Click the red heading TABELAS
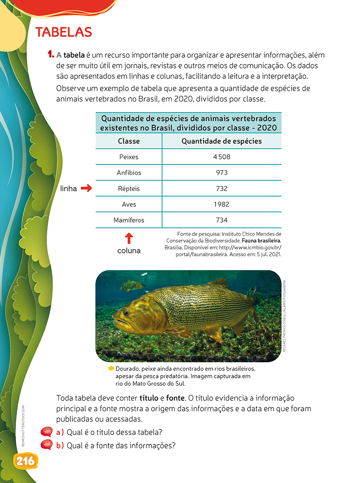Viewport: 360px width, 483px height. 64,32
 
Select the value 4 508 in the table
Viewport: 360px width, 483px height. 222,157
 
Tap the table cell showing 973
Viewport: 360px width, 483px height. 222,172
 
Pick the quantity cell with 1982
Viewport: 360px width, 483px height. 222,204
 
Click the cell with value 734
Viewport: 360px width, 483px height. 222,220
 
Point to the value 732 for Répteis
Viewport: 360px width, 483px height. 222,188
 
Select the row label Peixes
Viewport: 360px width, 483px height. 129,157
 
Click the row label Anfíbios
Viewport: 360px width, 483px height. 129,172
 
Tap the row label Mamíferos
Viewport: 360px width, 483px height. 129,220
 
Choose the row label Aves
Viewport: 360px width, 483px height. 129,204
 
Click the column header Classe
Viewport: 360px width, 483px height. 129,141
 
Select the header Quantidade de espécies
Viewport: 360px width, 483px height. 222,141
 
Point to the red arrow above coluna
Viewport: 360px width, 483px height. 129,238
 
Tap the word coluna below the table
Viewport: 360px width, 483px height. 129,251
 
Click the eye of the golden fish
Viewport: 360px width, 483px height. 126,313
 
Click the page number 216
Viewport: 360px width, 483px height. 26,461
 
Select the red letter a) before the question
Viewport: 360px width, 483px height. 60,432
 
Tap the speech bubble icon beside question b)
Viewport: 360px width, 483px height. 47,445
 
